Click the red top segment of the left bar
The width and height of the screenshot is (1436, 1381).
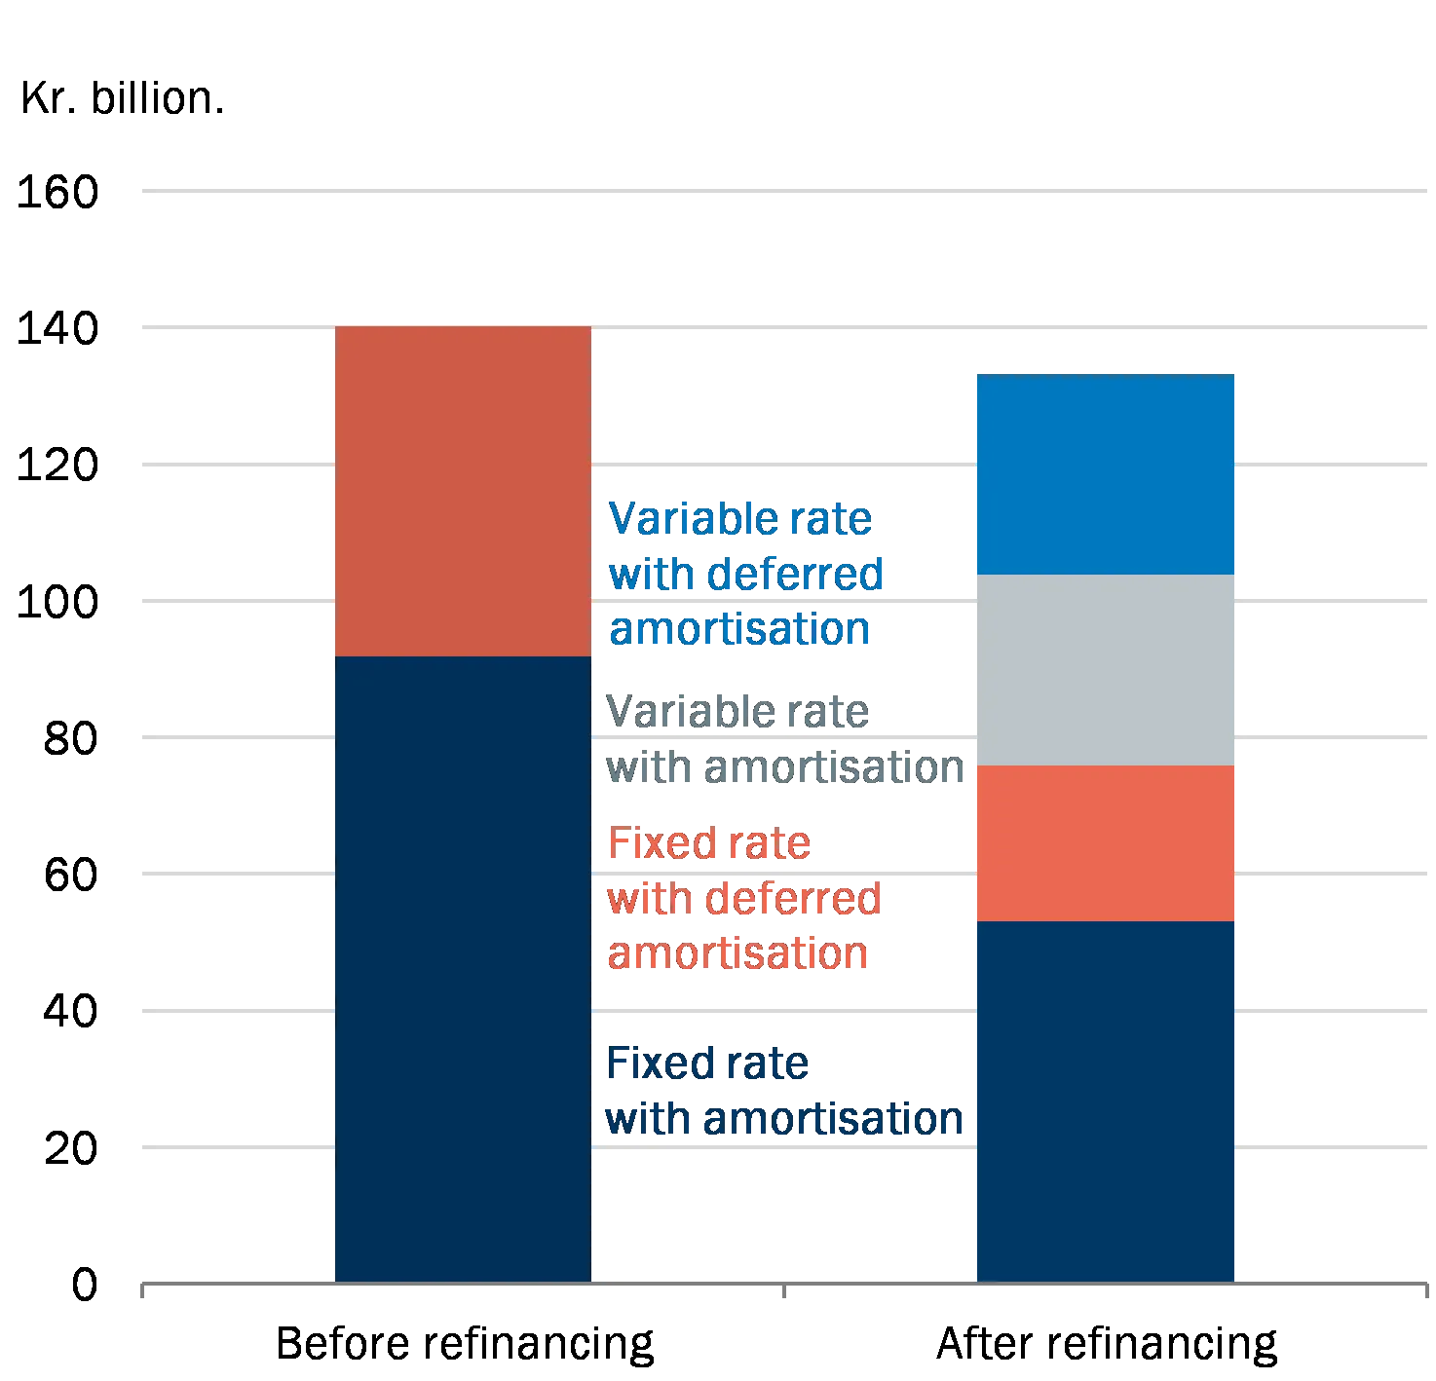point(463,492)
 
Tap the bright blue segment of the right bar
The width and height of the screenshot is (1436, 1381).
point(1106,474)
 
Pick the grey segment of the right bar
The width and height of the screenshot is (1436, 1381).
point(1106,670)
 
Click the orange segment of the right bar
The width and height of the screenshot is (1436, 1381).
point(1106,843)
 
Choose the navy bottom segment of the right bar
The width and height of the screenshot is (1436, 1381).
point(1106,1101)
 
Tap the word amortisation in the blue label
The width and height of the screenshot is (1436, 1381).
point(740,629)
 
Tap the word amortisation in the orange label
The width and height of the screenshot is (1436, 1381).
point(738,952)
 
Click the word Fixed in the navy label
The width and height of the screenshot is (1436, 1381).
point(652,1064)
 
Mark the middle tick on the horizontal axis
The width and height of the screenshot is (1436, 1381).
point(783,1291)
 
